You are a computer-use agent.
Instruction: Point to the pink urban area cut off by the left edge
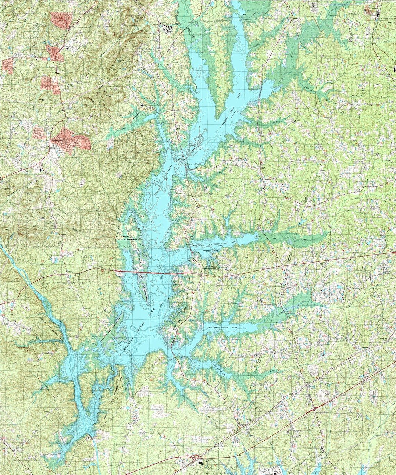[x=7, y=66]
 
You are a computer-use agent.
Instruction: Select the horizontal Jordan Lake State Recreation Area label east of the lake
[x=214, y=268]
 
